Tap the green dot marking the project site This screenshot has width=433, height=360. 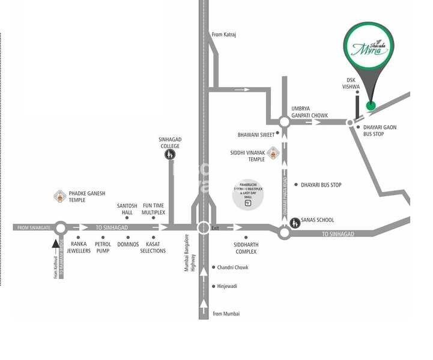click(371, 106)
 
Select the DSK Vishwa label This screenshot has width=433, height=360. click(352, 83)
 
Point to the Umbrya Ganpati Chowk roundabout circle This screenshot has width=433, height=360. click(285, 122)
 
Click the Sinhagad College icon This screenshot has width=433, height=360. click(170, 155)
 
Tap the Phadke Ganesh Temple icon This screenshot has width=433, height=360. click(60, 196)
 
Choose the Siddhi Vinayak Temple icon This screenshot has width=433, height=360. click(273, 153)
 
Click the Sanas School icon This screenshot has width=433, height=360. click(295, 223)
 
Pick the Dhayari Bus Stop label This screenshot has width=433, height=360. click(321, 185)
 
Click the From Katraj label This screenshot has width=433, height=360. click(224, 35)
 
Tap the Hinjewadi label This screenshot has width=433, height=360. click(227, 286)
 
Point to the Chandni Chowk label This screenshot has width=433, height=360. click(232, 268)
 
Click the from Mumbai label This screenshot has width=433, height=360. click(226, 313)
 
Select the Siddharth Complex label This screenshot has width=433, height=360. click(246, 248)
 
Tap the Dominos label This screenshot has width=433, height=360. click(128, 245)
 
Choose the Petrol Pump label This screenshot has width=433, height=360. click(103, 247)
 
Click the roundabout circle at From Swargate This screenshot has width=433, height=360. click(61, 228)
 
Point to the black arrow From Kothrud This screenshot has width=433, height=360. click(56, 245)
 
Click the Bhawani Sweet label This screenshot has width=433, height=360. click(256, 134)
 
